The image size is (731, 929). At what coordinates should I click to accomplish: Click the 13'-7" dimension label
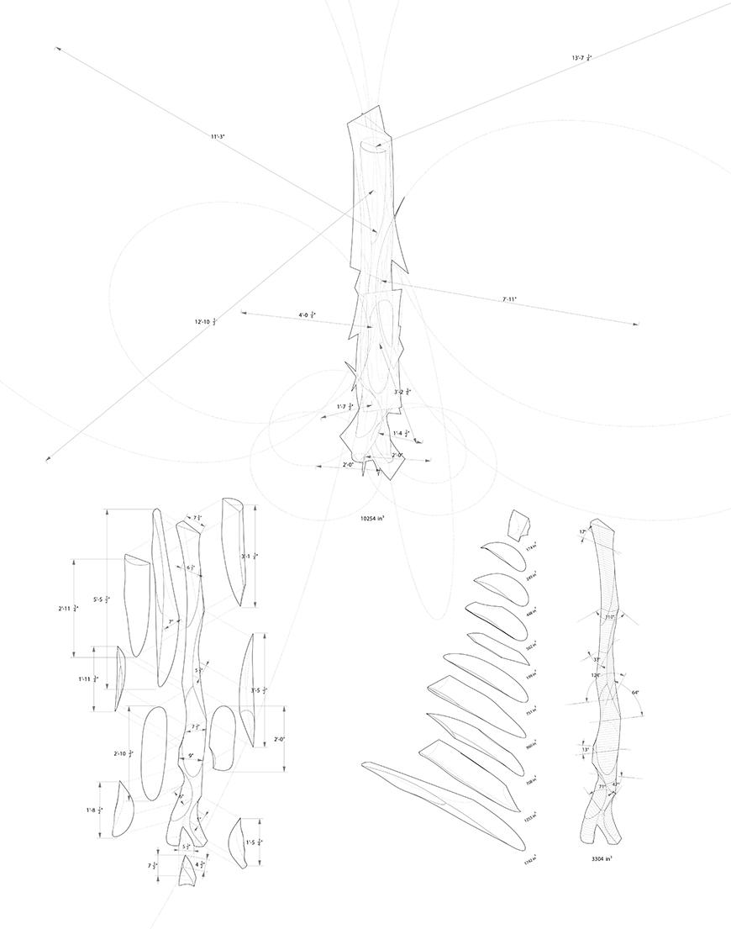click(x=581, y=58)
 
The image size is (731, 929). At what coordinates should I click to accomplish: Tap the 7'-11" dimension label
click(x=510, y=298)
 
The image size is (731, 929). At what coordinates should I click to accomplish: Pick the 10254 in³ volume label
click(x=371, y=519)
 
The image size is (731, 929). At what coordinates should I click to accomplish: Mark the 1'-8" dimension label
click(x=94, y=810)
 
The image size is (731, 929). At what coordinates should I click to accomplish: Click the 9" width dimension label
click(x=191, y=756)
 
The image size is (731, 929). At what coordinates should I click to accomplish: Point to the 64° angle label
click(x=635, y=693)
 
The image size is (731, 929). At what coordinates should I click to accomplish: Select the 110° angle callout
click(x=610, y=616)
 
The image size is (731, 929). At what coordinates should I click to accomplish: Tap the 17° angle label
click(x=582, y=532)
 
